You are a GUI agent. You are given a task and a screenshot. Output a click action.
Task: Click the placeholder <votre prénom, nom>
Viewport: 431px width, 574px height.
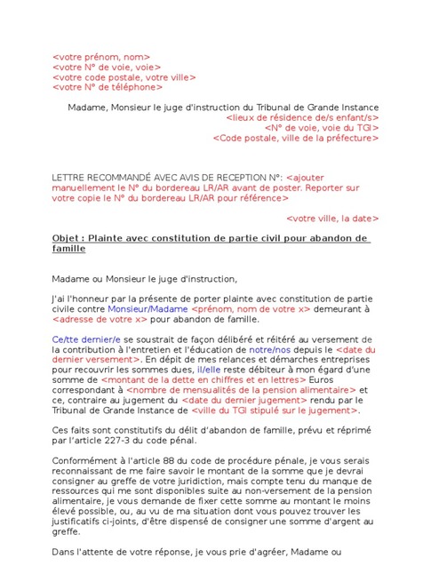[x=101, y=56]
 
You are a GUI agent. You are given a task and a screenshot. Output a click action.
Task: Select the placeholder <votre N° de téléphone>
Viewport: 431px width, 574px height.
[x=107, y=87]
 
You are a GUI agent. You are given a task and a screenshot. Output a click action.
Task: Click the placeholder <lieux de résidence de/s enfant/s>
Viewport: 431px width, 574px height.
[x=302, y=117]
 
